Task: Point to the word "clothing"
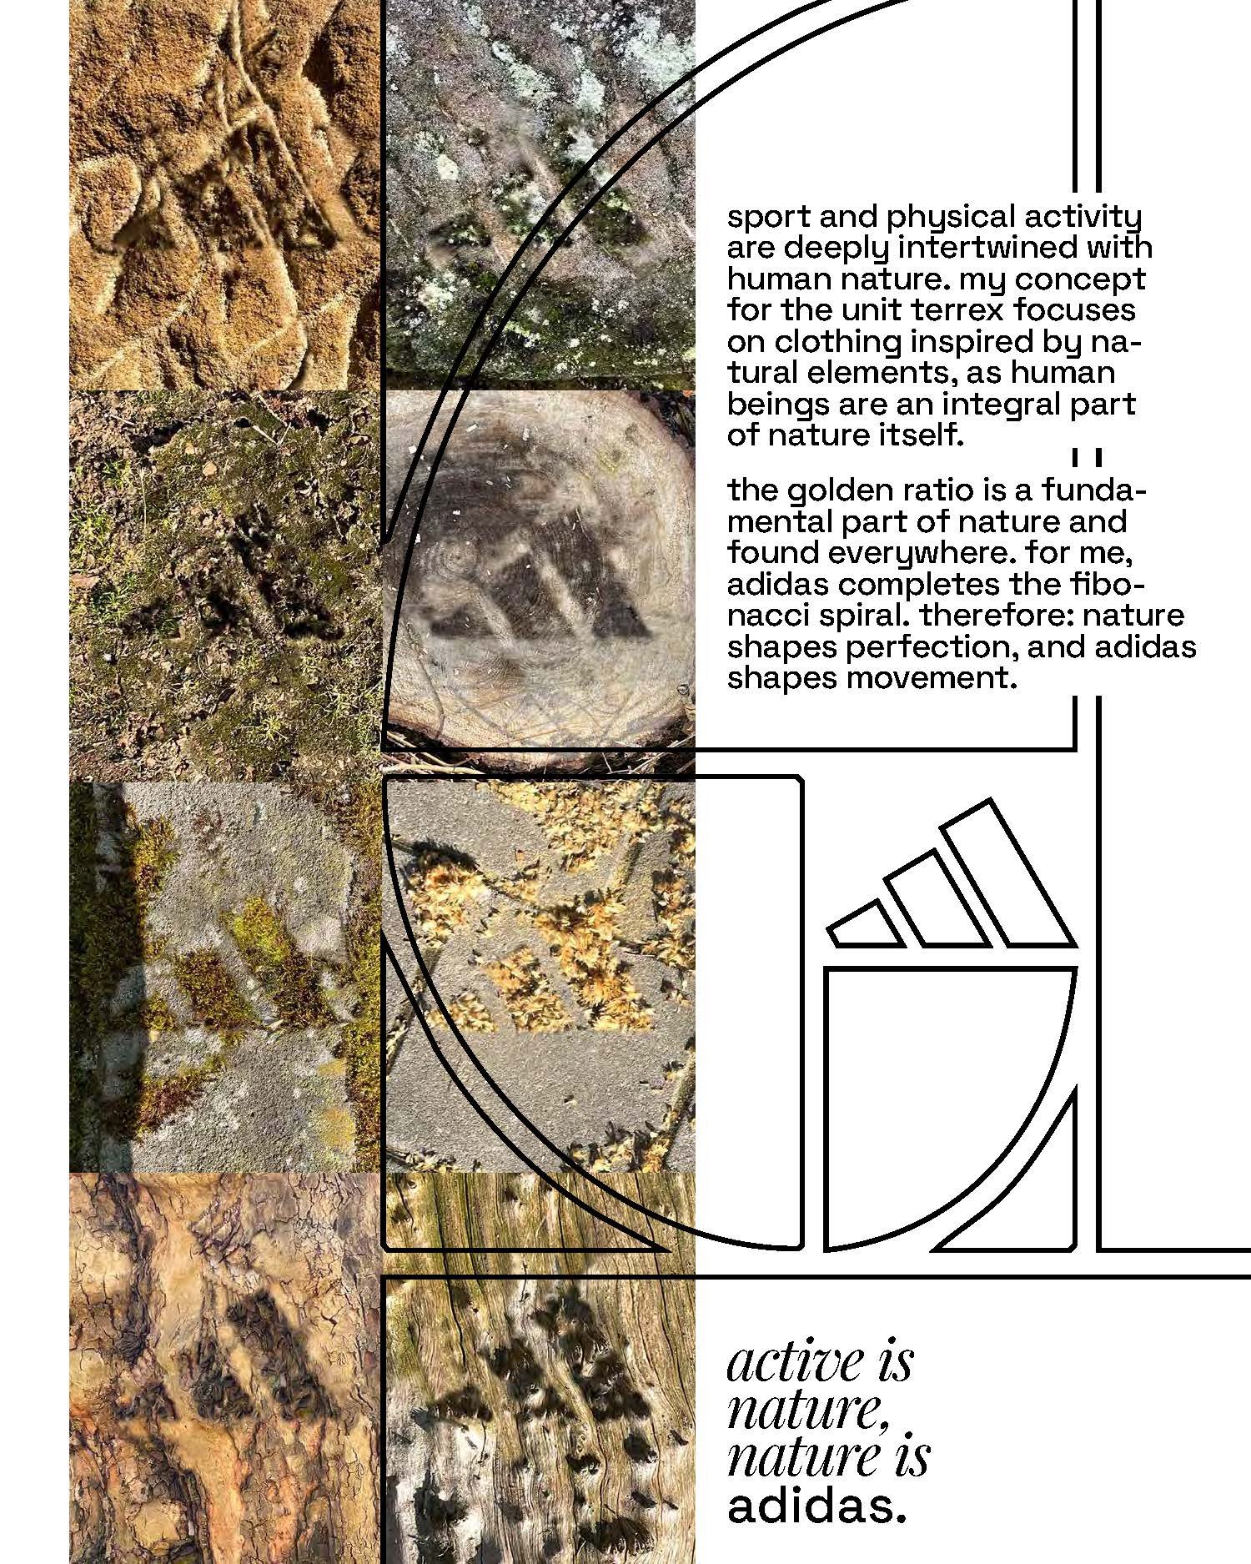tap(839, 343)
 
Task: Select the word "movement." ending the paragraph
tap(932, 678)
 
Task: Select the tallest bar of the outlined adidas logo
tap(1004, 875)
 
